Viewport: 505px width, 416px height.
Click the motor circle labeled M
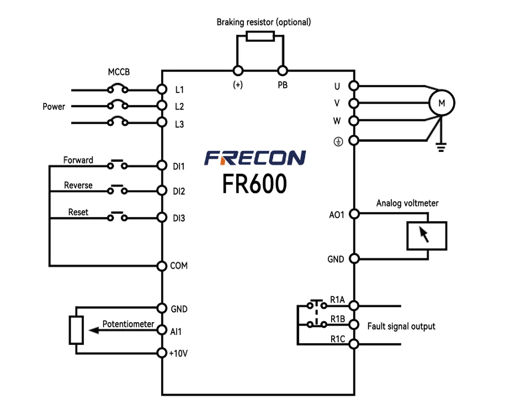pos(441,102)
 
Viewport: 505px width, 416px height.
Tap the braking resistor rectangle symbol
pos(260,36)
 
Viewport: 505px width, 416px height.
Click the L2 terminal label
pos(179,107)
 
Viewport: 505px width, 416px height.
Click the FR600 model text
pos(255,183)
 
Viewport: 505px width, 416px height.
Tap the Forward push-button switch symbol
pos(117,164)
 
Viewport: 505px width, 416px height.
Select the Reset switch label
pos(78,212)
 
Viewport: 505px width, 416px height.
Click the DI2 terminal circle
pos(162,191)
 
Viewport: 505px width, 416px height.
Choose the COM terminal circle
pos(162,266)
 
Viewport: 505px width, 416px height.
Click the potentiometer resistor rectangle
pos(76,330)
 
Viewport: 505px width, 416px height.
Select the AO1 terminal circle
pos(354,214)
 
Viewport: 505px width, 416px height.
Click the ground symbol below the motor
pos(441,148)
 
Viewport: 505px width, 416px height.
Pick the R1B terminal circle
pos(354,324)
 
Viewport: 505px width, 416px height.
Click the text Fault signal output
pos(401,326)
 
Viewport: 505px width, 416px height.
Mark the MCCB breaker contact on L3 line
pos(118,122)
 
